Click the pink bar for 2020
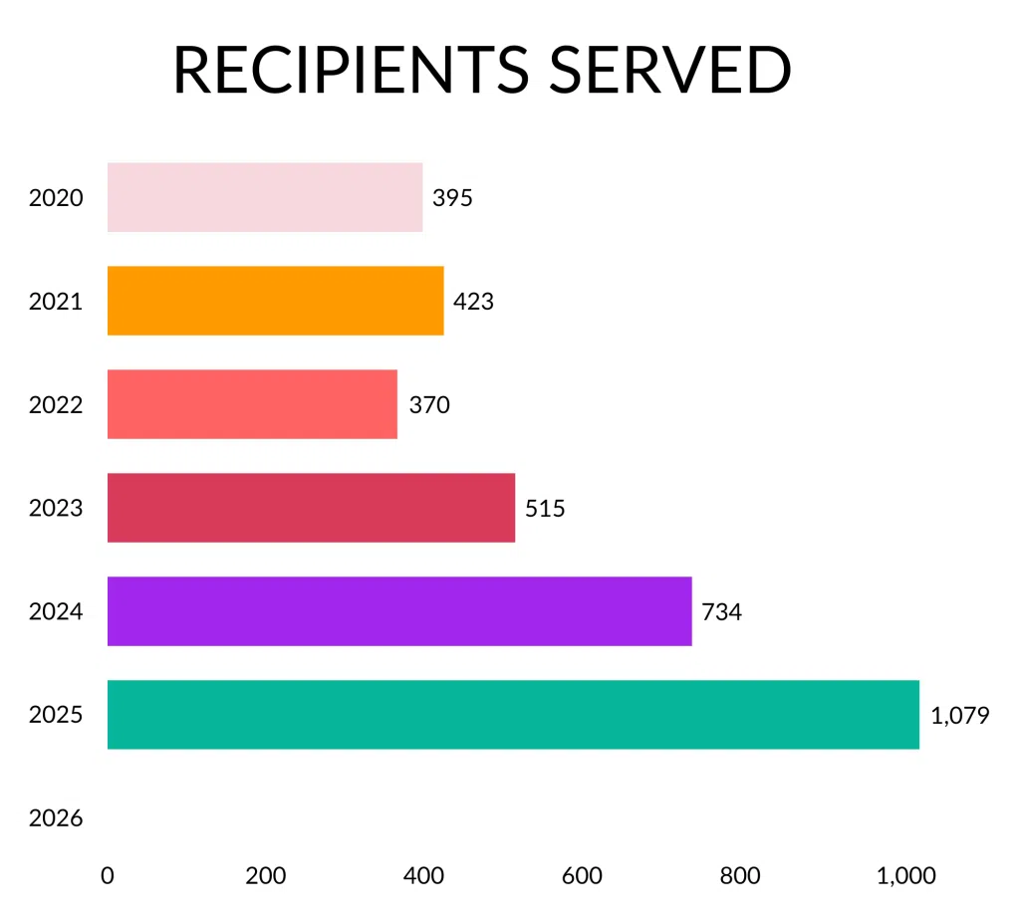pyautogui.click(x=265, y=197)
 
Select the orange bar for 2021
pyautogui.click(x=275, y=301)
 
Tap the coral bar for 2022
pyautogui.click(x=252, y=404)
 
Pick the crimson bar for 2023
pyautogui.click(x=311, y=508)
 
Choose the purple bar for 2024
pyautogui.click(x=399, y=611)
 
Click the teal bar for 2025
pyautogui.click(x=513, y=715)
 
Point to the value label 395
pyautogui.click(x=452, y=197)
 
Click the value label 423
pyautogui.click(x=473, y=301)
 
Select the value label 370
pyautogui.click(x=429, y=405)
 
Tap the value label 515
pyautogui.click(x=545, y=509)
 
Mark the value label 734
pyautogui.click(x=722, y=612)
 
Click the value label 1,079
pyautogui.click(x=960, y=716)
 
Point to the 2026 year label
pyautogui.click(x=56, y=819)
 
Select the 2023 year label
pyautogui.click(x=56, y=509)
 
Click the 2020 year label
pyautogui.click(x=56, y=198)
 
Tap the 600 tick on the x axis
pyautogui.click(x=582, y=876)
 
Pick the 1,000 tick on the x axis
pyautogui.click(x=905, y=876)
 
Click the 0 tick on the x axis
pyautogui.click(x=108, y=876)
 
